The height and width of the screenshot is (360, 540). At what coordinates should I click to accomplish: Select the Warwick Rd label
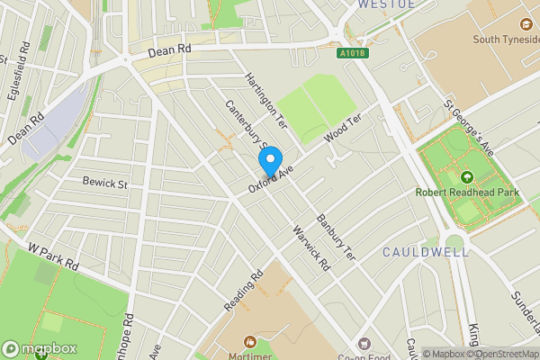(x=311, y=248)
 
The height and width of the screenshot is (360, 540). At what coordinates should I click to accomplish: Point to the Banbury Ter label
(x=337, y=238)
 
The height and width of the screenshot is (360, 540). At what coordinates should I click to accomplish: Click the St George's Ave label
(x=469, y=130)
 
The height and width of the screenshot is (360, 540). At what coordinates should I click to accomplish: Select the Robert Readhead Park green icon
(x=466, y=177)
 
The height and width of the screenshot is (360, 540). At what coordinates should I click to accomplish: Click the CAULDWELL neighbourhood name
(x=426, y=253)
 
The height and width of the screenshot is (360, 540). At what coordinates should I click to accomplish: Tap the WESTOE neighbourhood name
(x=386, y=4)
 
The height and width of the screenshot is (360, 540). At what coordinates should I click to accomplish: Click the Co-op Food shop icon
(x=364, y=343)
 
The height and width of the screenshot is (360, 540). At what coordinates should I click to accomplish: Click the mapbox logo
(x=40, y=348)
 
